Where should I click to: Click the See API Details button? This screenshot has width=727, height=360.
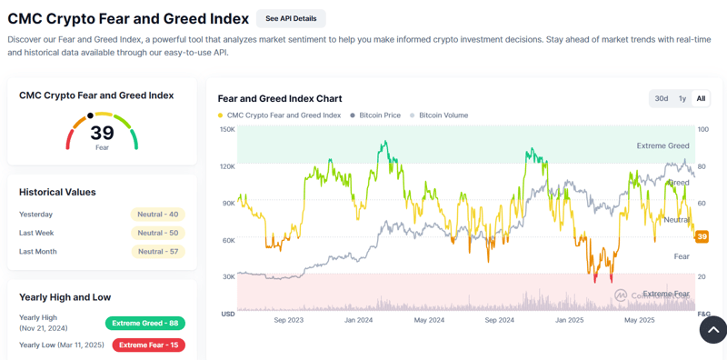[x=291, y=18]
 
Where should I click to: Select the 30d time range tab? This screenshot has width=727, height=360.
[x=662, y=98]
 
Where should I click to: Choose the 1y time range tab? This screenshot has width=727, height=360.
[x=682, y=98]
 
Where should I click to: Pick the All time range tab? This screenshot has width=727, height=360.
[x=701, y=98]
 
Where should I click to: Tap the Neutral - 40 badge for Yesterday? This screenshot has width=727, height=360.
[x=159, y=215]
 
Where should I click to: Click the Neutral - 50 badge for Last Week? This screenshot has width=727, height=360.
[x=159, y=233]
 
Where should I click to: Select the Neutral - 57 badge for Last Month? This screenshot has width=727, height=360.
[x=159, y=251]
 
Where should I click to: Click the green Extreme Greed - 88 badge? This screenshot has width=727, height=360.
[x=145, y=323]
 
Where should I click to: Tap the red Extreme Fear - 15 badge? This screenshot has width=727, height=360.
[x=148, y=345]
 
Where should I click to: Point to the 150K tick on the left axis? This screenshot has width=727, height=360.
[x=227, y=130]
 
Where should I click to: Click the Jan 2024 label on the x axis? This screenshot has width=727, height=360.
[x=358, y=320]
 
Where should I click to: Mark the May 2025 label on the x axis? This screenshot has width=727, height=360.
[x=641, y=320]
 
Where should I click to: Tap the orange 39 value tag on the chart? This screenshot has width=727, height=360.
[x=702, y=236]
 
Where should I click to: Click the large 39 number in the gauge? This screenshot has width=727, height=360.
[x=102, y=134]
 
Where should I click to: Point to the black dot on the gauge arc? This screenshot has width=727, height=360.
[x=90, y=116]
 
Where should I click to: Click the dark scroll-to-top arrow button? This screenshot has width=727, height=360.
[x=712, y=329]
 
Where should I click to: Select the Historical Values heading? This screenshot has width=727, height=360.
[x=57, y=192]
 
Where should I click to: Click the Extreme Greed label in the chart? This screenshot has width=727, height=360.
[x=662, y=145]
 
